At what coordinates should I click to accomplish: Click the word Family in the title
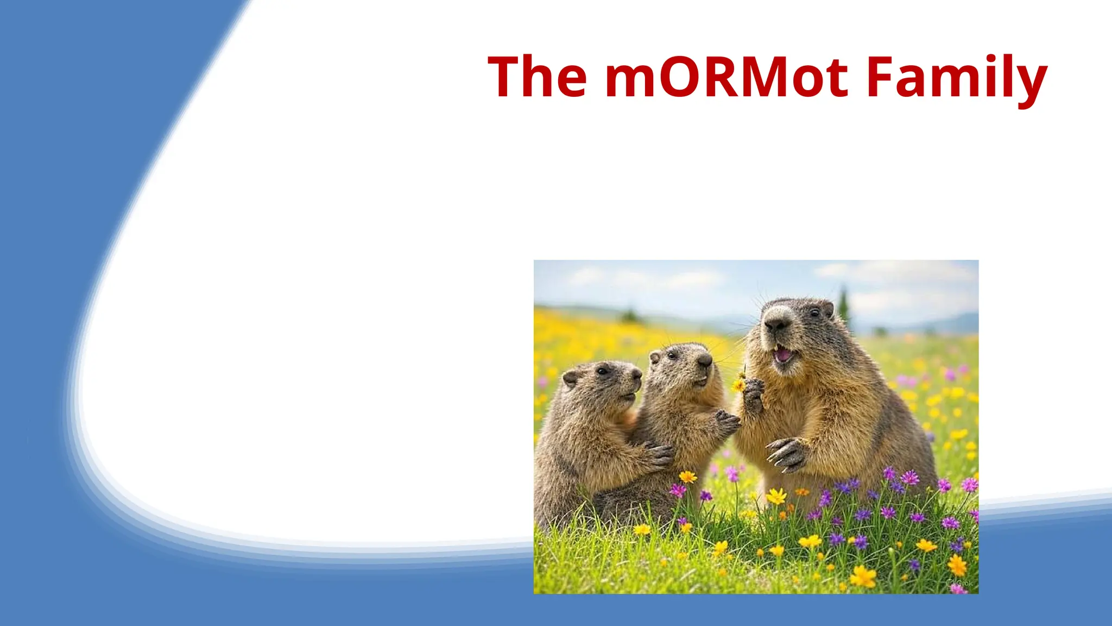(x=957, y=77)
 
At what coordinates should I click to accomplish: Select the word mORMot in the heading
(x=726, y=77)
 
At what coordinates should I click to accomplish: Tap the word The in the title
(x=538, y=77)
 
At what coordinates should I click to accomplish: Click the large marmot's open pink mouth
(x=782, y=355)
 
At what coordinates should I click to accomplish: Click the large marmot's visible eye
(x=814, y=312)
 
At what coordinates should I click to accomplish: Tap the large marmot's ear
(x=827, y=308)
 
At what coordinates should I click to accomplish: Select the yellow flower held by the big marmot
(x=738, y=385)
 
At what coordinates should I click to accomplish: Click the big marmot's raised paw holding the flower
(x=753, y=394)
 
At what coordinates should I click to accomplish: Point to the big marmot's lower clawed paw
(x=787, y=454)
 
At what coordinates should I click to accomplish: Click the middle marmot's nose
(x=705, y=360)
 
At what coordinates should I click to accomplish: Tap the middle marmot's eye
(x=673, y=356)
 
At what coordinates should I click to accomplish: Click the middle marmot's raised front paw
(x=726, y=422)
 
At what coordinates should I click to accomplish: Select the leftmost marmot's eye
(x=603, y=371)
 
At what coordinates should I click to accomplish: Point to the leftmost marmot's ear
(x=570, y=377)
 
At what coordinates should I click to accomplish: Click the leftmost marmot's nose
(x=637, y=374)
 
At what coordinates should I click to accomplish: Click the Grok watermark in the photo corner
(x=961, y=584)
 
